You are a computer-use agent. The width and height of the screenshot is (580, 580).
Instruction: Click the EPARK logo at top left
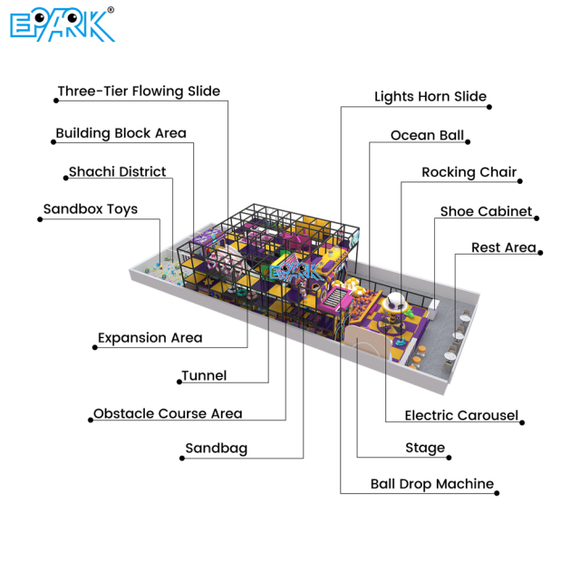coord(62,25)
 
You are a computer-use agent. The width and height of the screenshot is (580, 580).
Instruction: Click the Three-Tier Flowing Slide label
coord(139,92)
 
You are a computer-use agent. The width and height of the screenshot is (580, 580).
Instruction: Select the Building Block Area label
coord(121,133)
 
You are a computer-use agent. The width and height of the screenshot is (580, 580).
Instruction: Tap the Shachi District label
coord(117,171)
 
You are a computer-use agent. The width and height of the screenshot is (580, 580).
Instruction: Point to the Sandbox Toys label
coord(91,209)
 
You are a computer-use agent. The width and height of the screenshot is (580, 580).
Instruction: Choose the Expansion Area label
coord(150,338)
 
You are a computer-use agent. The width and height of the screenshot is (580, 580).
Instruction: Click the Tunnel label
coord(204,375)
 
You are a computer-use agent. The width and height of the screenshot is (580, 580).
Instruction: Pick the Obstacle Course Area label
coord(168,414)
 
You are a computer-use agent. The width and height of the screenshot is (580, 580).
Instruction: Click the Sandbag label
coord(216,449)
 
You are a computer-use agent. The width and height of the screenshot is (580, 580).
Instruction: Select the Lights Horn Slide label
coord(430,97)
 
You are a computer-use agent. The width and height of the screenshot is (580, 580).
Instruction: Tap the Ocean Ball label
coord(427,136)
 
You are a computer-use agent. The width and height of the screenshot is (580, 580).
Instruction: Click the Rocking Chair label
coord(469,172)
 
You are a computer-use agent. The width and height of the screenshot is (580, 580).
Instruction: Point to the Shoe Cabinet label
coord(486,211)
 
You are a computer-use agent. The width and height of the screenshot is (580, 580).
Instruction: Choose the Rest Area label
coord(503,248)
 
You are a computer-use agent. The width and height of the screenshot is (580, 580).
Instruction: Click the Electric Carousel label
coord(461,416)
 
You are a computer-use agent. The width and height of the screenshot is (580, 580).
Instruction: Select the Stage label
coord(425,448)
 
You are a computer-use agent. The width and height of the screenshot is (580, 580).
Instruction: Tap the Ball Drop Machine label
coord(432,484)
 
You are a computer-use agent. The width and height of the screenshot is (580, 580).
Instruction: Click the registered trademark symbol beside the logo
coord(111,11)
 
